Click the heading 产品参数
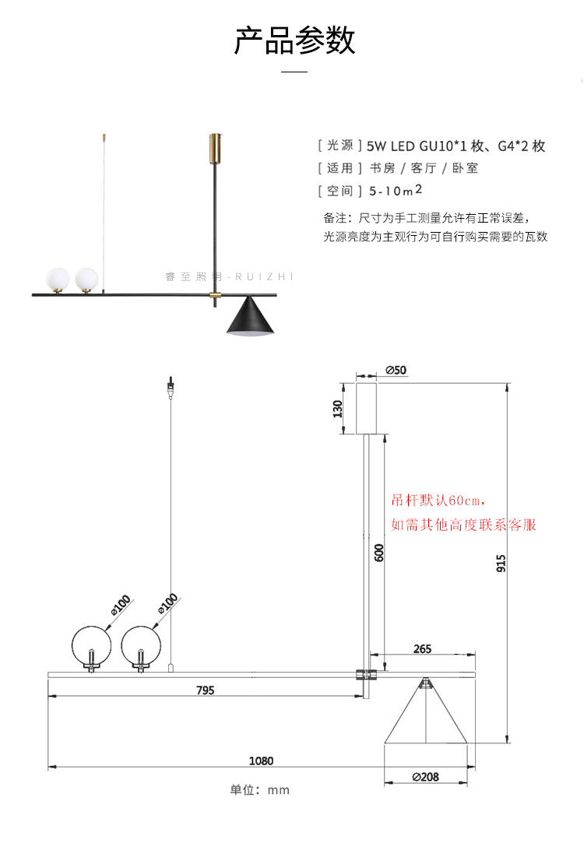tap(294, 40)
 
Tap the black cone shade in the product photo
tap(251, 318)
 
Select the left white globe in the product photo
tap(58, 279)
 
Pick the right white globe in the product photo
tap(86, 279)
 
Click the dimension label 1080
tap(261, 760)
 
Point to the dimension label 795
tap(206, 690)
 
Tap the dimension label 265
tap(422, 649)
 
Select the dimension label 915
tap(501, 563)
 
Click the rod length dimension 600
tap(379, 553)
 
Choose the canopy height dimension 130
tap(338, 409)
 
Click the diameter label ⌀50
tap(396, 370)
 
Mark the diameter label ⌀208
tap(425, 777)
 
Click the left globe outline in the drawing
tap(72, 645)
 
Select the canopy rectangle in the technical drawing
tap(357, 409)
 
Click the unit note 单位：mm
tap(260, 790)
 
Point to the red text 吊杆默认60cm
tap(438, 501)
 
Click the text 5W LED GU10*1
tap(417, 146)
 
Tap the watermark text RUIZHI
tap(264, 277)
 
